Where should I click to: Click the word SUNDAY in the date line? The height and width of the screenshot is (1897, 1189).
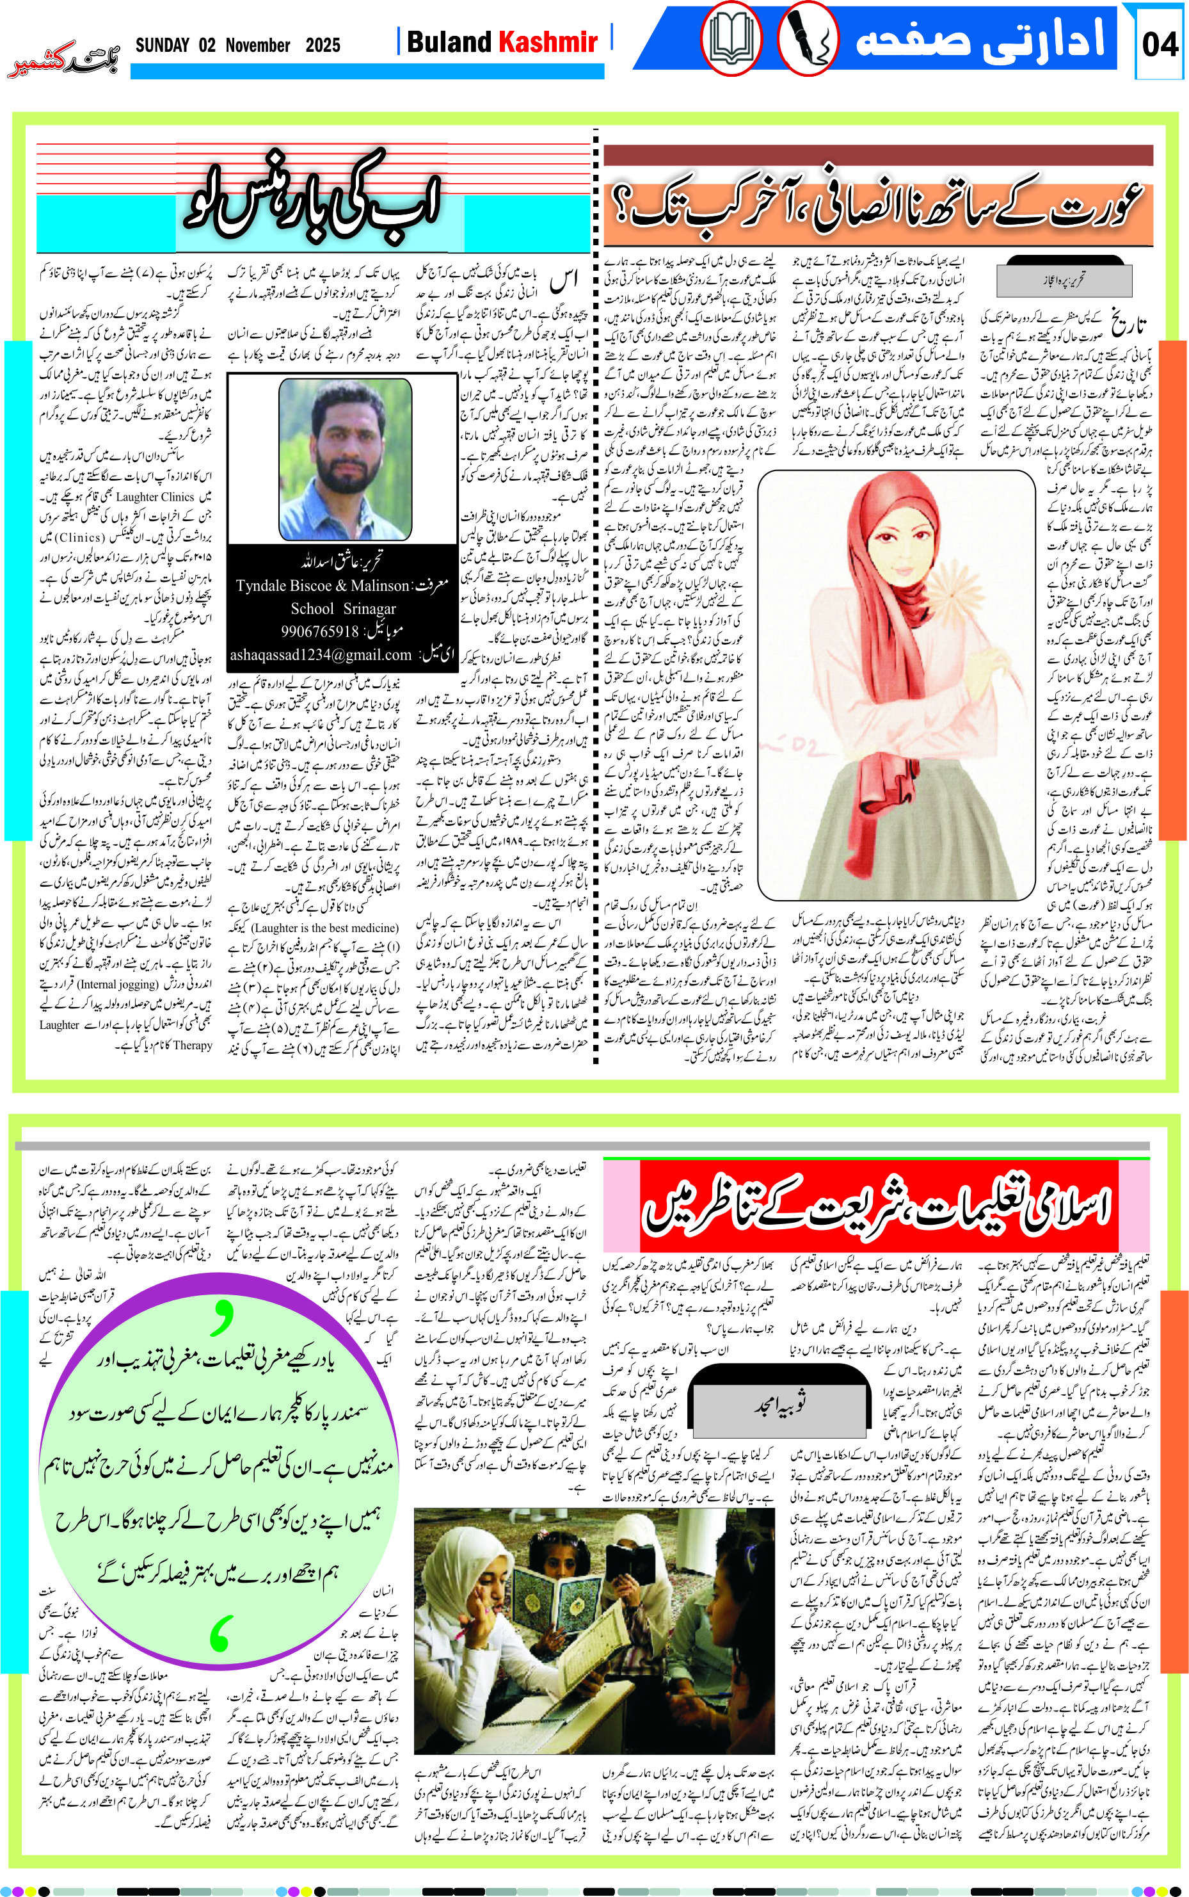[162, 45]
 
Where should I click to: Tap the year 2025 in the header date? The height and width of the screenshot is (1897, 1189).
[323, 45]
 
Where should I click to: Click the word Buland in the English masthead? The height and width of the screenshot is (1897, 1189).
[449, 42]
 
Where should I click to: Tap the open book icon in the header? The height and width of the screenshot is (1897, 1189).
[731, 38]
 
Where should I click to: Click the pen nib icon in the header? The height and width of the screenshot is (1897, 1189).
[807, 38]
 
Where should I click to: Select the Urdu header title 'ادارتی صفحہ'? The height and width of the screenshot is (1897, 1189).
[979, 39]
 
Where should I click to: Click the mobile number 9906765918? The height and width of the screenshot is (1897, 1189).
[320, 631]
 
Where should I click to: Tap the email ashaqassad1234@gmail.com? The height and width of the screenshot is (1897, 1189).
[321, 654]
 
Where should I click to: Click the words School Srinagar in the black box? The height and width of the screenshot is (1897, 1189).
[343, 609]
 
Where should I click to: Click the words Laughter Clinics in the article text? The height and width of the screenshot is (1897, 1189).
[154, 497]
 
